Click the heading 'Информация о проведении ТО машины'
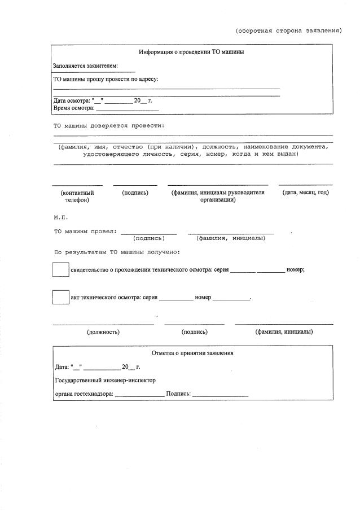coord(191,52)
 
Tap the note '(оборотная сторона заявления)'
coord(288,30)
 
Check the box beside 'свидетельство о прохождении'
coord(60,270)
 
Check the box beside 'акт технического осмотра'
coord(60,297)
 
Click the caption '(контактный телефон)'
coord(77,196)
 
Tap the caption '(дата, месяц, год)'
coord(305,193)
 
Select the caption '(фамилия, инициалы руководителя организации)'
coord(218,196)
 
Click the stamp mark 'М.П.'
coord(60,217)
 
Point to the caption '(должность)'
coord(103,332)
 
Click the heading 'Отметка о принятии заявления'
coord(192,353)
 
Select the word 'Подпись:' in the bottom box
coord(178,394)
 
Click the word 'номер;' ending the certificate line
coord(296,270)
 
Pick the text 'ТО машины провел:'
coord(85,231)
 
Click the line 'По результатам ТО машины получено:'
coord(116,252)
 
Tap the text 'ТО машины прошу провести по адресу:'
coord(106,79)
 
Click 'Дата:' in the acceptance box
coord(62,367)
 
